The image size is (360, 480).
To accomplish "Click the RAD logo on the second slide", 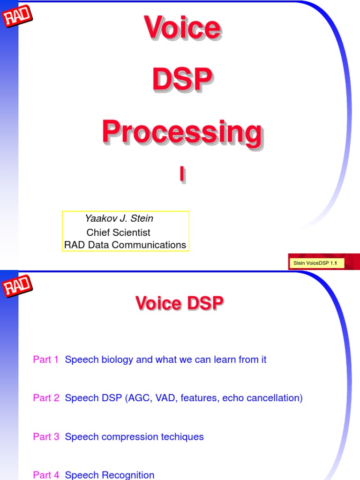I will [x=18, y=286].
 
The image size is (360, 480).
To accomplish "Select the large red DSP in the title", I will [x=182, y=80].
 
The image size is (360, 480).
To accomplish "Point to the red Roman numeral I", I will [x=182, y=174].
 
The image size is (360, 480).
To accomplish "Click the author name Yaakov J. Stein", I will [x=119, y=218].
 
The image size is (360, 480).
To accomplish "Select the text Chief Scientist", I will [x=118, y=232].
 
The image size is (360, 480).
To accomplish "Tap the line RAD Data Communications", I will [x=125, y=245].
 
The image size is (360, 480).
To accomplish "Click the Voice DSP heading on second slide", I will [x=180, y=303].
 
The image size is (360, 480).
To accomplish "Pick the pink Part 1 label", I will [x=46, y=360].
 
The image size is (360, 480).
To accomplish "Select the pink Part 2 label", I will [x=46, y=398].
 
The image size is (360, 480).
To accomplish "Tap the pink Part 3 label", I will [x=46, y=436].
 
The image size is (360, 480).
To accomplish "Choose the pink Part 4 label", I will [x=46, y=475].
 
